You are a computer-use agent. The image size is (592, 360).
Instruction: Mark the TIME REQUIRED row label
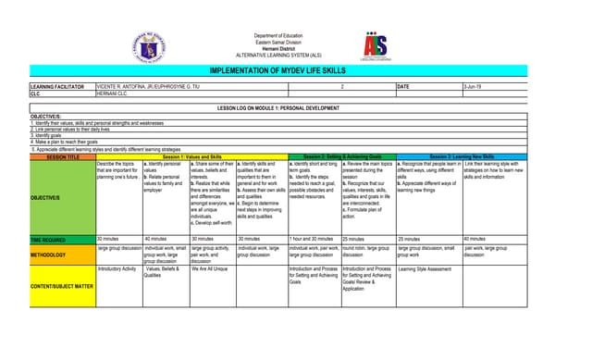49,240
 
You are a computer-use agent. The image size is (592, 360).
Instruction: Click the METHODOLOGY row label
48,254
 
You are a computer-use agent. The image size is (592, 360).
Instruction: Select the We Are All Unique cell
209,268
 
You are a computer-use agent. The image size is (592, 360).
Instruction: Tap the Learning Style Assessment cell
425,268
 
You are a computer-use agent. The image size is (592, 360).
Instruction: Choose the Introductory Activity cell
117,268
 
